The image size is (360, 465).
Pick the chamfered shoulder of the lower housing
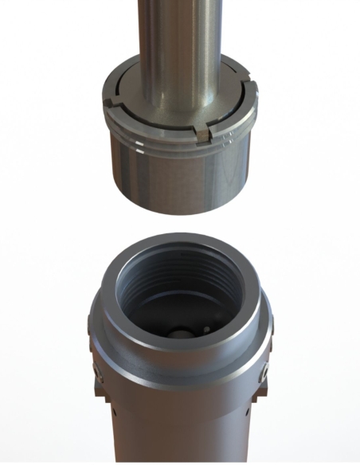click(180, 354)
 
